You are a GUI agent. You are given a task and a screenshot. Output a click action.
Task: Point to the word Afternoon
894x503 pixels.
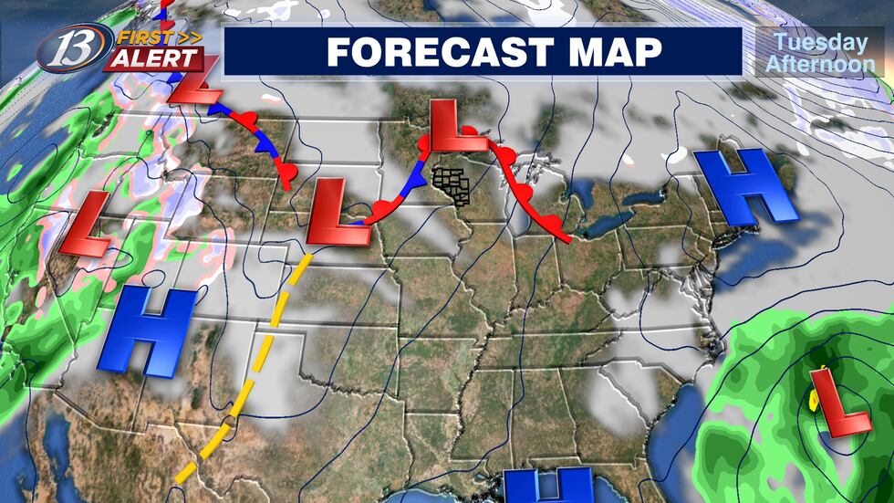point(817,64)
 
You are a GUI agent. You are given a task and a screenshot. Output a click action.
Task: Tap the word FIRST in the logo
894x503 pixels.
point(140,37)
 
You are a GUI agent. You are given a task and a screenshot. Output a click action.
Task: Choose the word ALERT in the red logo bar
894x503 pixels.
point(154,58)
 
